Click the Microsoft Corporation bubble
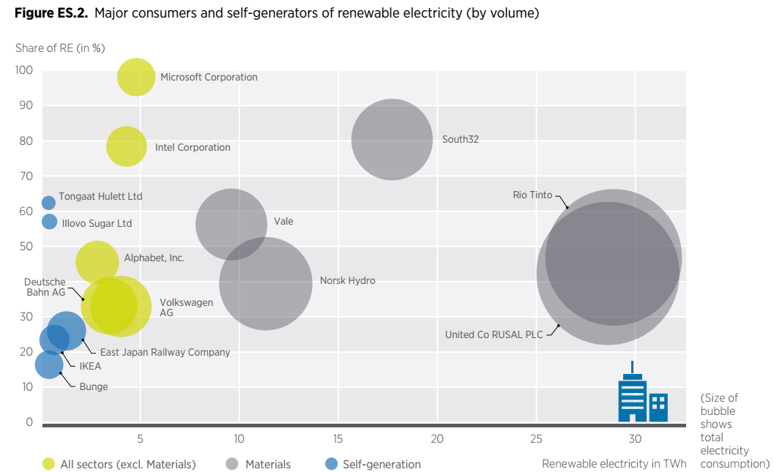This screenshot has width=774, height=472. tap(136, 77)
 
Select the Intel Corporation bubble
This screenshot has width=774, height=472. tap(127, 146)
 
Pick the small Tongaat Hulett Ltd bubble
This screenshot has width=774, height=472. tap(48, 203)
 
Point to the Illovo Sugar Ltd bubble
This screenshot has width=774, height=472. tap(49, 221)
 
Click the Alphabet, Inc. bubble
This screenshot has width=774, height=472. tap(97, 262)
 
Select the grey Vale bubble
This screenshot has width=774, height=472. tap(231, 224)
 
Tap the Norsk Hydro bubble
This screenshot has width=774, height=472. tap(266, 283)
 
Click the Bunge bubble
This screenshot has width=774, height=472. tap(49, 364)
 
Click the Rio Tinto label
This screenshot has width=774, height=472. tap(532, 195)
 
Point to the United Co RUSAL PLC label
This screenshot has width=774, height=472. tap(494, 334)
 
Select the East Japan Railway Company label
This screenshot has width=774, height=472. tap(165, 352)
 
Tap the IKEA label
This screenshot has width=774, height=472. tap(90, 366)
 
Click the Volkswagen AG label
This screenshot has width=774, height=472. tap(176, 307)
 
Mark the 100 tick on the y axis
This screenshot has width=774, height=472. tap(24, 70)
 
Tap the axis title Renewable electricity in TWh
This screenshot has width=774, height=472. tap(614, 464)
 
